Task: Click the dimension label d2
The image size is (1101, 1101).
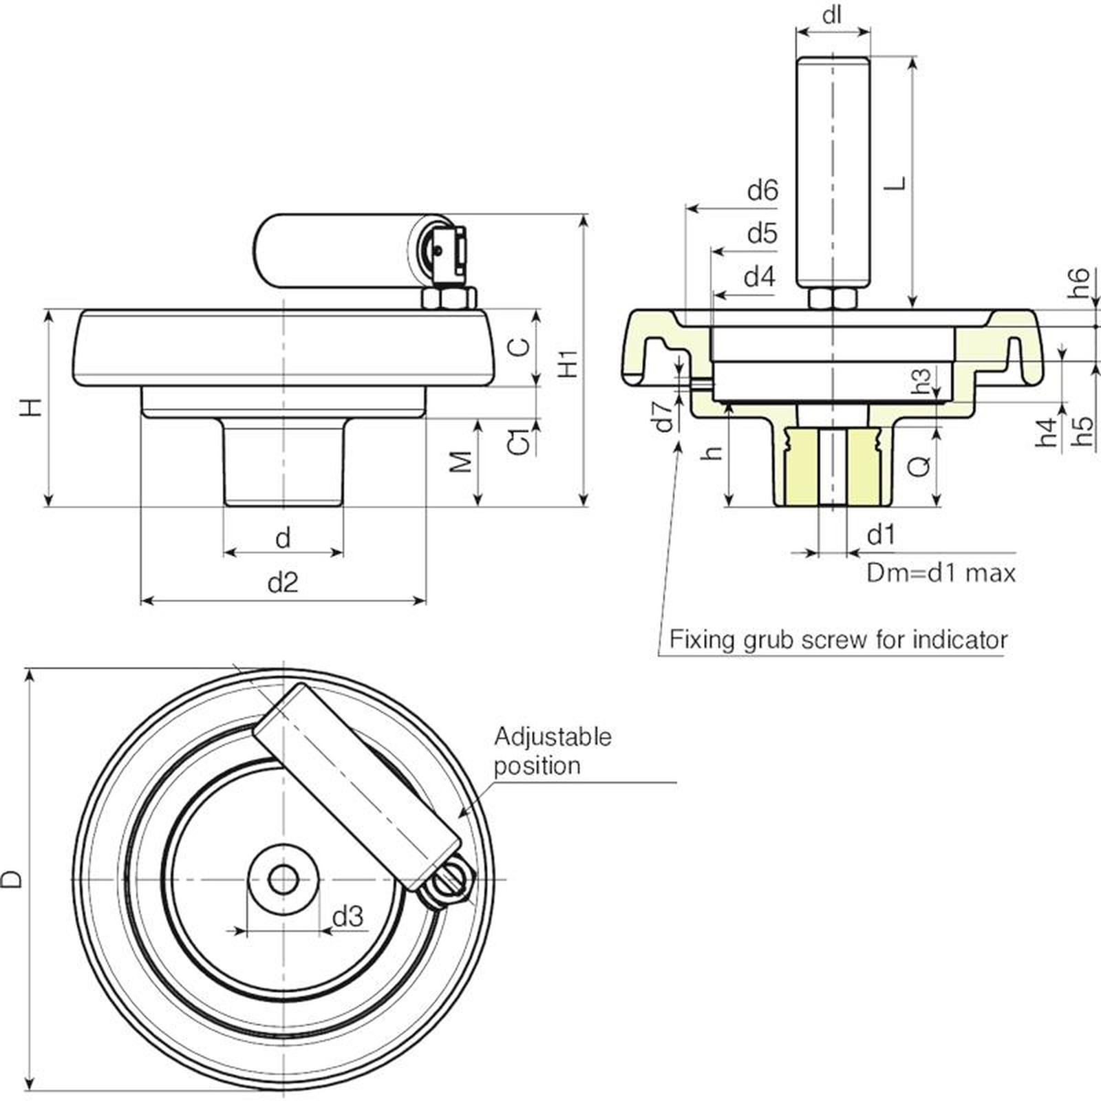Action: (x=282, y=584)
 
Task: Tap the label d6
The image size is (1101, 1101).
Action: (x=762, y=190)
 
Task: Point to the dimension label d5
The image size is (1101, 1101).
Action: (x=762, y=234)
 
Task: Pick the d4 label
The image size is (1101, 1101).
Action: (x=760, y=277)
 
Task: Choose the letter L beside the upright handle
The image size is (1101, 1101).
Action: (x=895, y=183)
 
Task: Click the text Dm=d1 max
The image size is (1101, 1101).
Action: (x=941, y=573)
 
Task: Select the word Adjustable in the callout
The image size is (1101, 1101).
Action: (x=553, y=737)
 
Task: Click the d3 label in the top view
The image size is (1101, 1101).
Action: (x=348, y=917)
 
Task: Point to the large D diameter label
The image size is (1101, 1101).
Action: (x=12, y=879)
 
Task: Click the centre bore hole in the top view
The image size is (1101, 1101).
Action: (x=283, y=879)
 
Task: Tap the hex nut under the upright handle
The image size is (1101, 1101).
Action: (x=833, y=299)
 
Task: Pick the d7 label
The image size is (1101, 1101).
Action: (x=665, y=416)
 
